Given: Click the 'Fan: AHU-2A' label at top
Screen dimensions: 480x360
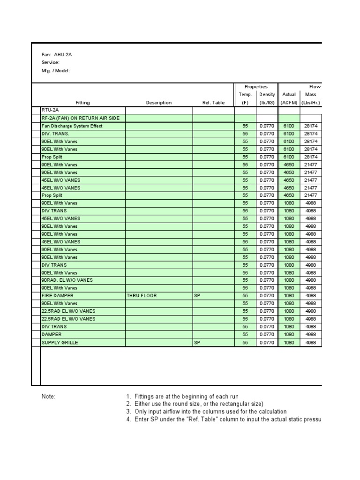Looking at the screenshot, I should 57,54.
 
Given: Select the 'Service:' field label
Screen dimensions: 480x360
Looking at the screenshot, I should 51,62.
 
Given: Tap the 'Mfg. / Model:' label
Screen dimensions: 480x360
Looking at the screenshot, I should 56,70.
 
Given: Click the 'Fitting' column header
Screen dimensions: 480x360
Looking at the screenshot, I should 82,103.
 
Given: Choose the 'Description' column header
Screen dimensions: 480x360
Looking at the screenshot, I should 158,103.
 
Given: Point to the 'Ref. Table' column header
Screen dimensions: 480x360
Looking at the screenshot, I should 213,103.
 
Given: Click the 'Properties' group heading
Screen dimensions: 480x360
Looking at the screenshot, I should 256,87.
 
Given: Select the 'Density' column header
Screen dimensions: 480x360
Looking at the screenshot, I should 267,95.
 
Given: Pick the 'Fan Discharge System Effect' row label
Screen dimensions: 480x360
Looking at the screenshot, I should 72,126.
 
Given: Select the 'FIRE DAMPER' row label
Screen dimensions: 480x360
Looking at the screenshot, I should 58,296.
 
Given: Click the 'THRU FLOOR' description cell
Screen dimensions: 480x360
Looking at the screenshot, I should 142,296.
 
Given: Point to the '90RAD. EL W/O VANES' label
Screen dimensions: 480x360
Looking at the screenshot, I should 67,280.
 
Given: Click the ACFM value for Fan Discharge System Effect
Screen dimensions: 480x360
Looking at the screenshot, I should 289,126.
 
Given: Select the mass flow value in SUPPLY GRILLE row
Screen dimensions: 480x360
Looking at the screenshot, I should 310,343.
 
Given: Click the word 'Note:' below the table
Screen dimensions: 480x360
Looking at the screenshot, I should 49,397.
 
